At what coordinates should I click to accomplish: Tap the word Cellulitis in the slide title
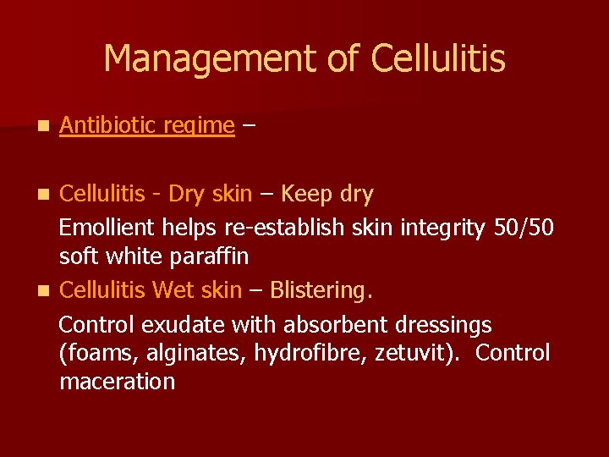pos(438,59)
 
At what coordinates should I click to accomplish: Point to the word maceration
pos(117,382)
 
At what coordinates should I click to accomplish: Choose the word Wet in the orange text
pos(173,290)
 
